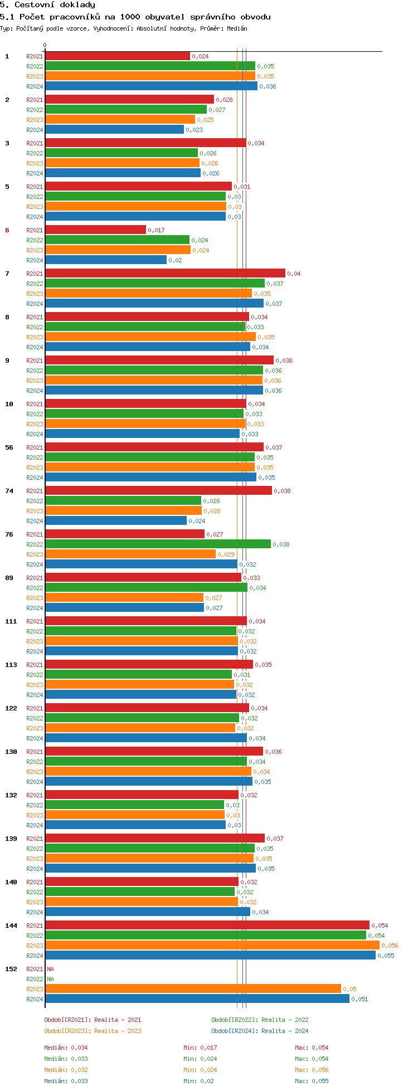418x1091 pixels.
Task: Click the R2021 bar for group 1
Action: [117, 56]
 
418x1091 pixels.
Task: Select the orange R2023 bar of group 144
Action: [212, 946]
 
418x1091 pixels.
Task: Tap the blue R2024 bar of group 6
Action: [106, 260]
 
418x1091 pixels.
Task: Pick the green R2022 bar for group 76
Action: [158, 544]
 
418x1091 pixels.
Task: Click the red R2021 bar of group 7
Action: [165, 274]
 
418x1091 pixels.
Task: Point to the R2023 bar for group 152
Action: [193, 989]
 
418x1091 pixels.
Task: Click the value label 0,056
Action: [390, 946]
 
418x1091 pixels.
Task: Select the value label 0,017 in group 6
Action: [156, 230]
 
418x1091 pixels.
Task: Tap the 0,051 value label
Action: [359, 999]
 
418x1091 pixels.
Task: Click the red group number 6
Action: [7, 230]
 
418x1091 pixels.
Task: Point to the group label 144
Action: [11, 926]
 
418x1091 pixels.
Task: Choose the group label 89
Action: [9, 578]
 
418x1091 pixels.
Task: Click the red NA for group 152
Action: [50, 969]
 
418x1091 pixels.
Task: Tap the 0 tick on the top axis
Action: [45, 46]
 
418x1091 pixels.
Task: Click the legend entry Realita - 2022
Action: [285, 1020]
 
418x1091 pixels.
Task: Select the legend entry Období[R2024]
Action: [235, 1031]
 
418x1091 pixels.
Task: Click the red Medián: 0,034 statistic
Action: [66, 1048]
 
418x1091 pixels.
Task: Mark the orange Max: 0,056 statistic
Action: [312, 1070]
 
